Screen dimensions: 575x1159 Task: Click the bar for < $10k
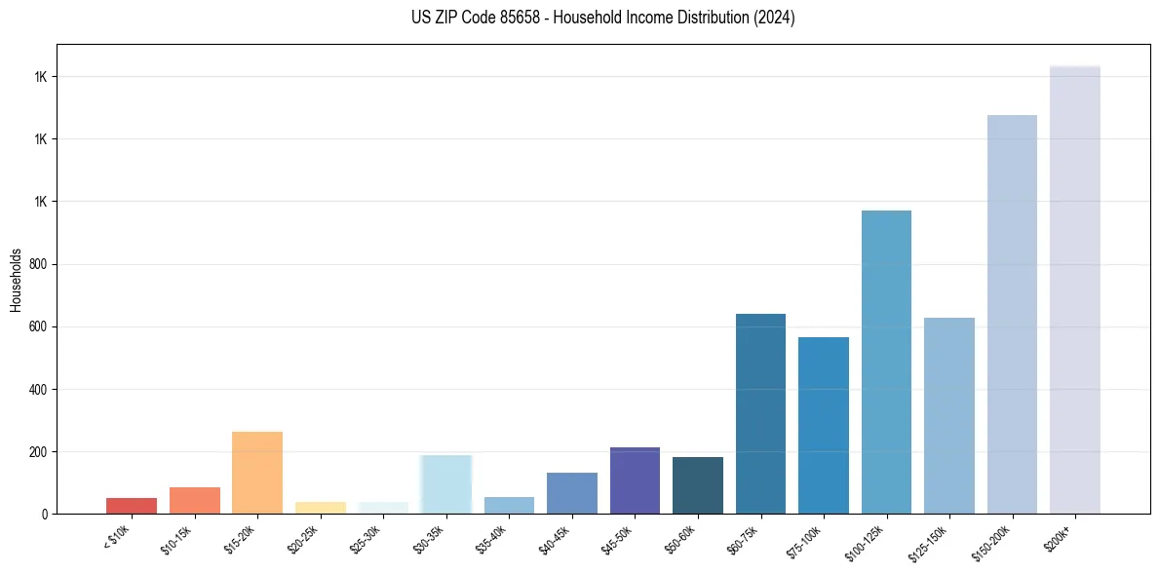tap(132, 506)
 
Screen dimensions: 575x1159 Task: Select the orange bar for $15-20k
tap(257, 473)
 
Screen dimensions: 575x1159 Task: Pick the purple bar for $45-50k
tap(635, 480)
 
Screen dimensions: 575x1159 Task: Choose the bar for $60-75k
tap(760, 414)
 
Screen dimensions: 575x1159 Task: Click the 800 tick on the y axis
tap(39, 264)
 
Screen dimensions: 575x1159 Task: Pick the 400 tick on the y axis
tap(39, 390)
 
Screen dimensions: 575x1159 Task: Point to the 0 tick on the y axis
tap(45, 515)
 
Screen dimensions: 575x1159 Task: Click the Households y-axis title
tap(16, 280)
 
